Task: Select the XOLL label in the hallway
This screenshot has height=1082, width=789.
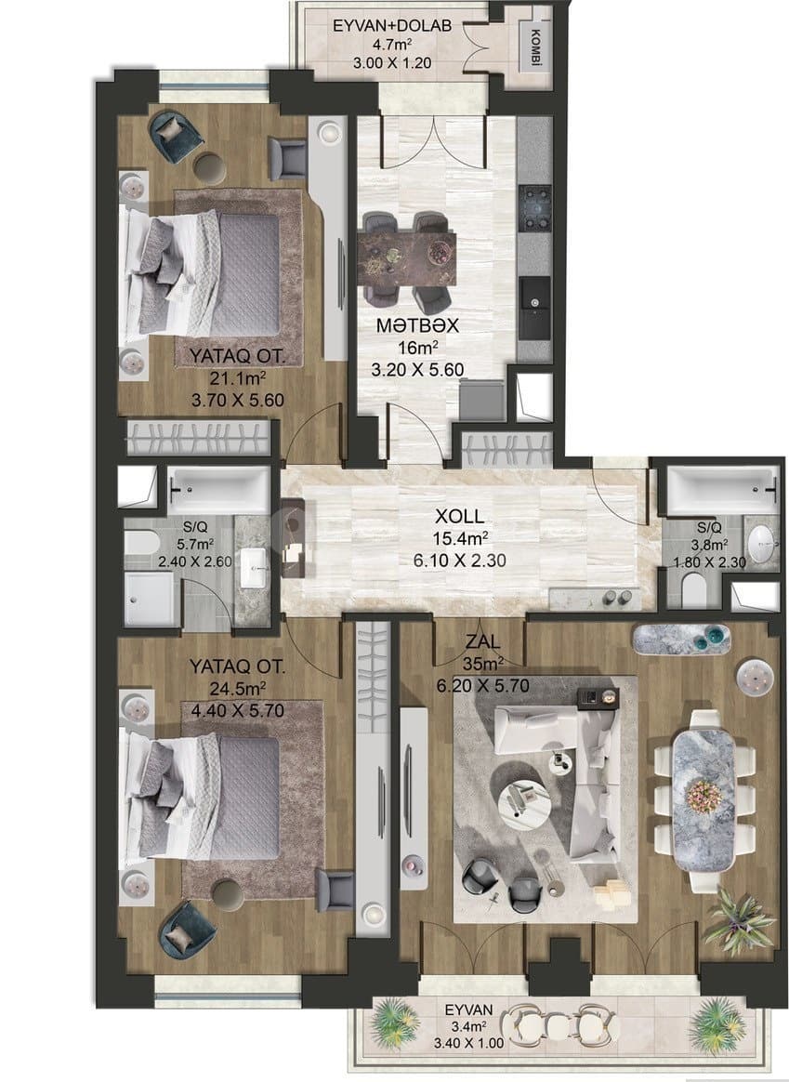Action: [458, 518]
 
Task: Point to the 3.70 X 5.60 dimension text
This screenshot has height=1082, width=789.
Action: [234, 401]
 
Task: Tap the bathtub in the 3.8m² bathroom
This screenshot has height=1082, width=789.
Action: [722, 485]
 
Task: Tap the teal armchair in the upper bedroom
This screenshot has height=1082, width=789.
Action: [177, 135]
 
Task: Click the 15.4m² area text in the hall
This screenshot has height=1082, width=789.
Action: [458, 539]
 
